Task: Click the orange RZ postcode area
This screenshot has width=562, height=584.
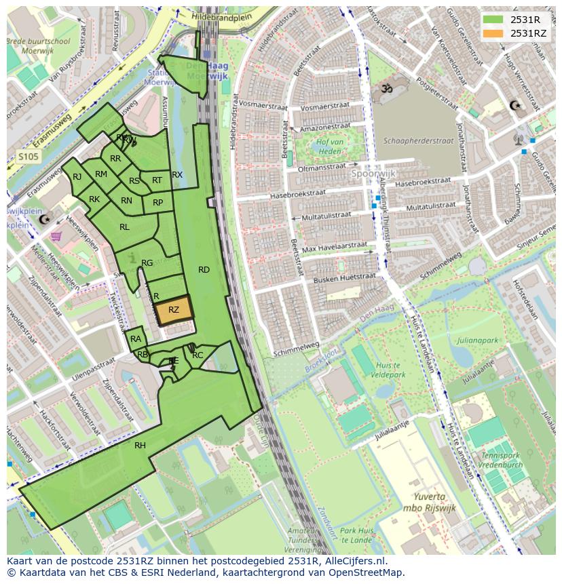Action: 174,310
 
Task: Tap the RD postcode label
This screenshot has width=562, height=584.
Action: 204,270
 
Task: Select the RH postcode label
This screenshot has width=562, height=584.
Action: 140,446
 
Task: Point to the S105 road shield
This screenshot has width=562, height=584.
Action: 28,157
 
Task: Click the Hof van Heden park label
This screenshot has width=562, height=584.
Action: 329,147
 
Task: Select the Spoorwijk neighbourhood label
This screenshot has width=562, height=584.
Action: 373,173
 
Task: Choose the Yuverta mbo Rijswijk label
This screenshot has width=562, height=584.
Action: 428,503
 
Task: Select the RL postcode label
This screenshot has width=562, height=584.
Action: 124,227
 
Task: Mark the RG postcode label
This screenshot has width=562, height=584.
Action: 147,263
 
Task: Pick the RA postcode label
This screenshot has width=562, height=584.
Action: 136,339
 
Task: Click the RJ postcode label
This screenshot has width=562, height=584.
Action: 77,177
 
